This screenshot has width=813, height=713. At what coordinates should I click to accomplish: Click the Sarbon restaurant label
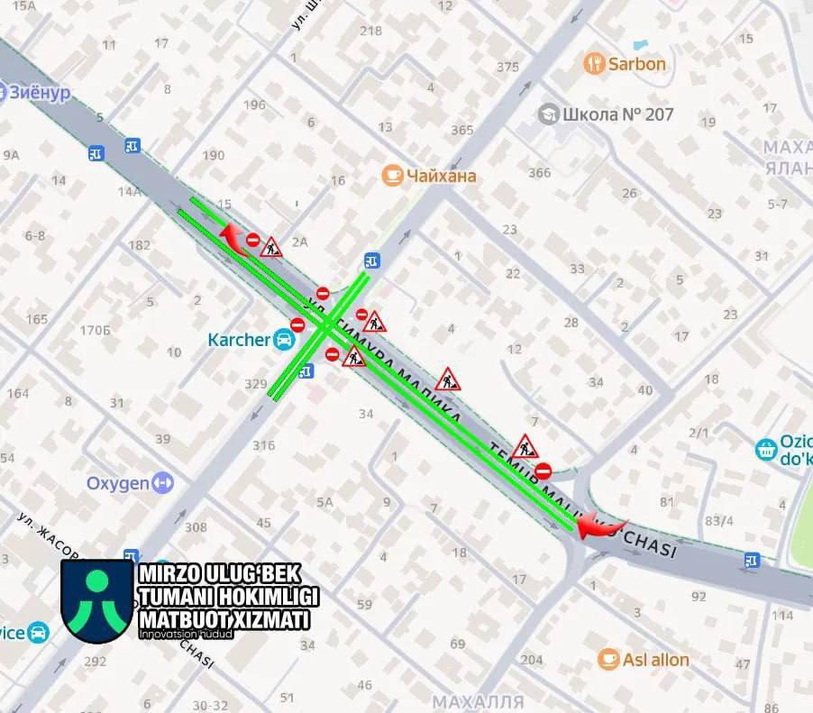636,64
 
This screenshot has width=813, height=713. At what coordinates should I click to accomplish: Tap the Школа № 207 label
618,114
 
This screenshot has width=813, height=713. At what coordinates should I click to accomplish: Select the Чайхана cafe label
441,176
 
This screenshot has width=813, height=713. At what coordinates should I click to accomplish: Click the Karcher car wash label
239,340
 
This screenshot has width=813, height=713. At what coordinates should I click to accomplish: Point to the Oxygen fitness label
118,483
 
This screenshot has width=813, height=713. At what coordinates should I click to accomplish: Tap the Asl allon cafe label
657,660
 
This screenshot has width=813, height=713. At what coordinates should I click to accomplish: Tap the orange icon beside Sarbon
594,63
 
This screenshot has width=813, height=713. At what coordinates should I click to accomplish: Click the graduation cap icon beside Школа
547,114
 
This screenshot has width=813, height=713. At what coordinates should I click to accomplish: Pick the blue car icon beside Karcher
284,340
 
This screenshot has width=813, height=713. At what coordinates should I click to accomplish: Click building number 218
370,31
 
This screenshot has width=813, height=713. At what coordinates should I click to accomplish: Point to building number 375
507,67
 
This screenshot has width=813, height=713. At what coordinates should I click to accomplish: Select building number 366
539,173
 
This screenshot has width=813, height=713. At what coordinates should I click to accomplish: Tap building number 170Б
95,330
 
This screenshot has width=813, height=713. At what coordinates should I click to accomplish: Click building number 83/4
718,521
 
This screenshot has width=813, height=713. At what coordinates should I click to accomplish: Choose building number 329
256,384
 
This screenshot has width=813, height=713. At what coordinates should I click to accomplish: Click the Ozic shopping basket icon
766,449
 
